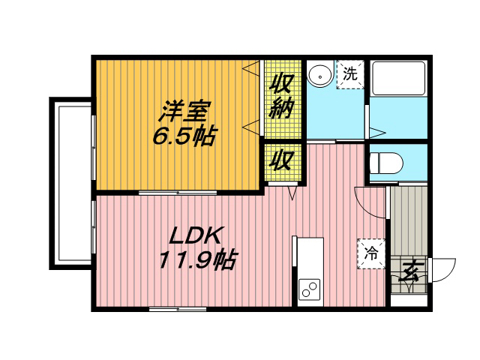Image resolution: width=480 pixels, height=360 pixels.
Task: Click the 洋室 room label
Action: click(184, 112)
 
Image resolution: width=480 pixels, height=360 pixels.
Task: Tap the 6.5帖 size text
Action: click(185, 136)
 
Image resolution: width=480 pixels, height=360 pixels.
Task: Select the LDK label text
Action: click(195, 235)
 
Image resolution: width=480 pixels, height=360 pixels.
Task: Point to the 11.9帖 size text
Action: click(198, 260)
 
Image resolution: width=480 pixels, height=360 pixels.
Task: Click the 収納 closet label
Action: click(281, 97)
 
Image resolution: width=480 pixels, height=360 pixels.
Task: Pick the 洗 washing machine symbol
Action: click(350, 74)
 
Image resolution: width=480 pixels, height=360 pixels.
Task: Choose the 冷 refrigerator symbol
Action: click(371, 253)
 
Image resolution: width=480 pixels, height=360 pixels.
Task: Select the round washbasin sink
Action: click(320, 76)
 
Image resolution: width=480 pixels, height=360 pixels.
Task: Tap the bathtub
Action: click(398, 78)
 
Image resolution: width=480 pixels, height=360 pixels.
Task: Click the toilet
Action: click(385, 163)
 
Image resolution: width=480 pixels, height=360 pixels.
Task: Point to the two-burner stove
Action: click(309, 289)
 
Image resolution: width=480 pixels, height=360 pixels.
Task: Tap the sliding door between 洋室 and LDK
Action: click(178, 193)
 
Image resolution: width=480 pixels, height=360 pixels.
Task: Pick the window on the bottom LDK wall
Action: click(178, 310)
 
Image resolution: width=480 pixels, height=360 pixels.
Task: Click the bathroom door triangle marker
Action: click(377, 133)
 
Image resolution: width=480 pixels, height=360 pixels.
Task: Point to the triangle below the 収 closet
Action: click(292, 193)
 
